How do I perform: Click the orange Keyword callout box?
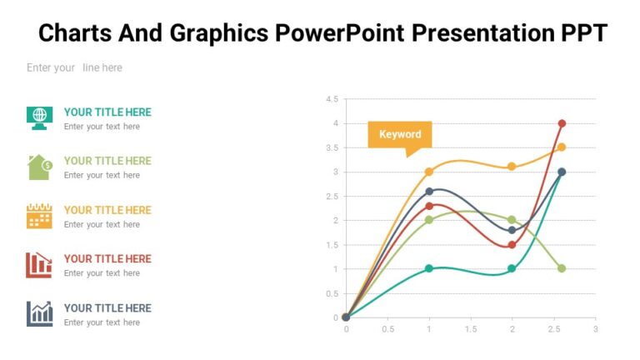click(400, 134)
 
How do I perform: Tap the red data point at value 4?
click(562, 123)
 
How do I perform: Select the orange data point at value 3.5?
click(562, 147)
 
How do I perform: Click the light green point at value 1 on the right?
click(562, 268)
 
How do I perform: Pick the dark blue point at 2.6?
click(429, 192)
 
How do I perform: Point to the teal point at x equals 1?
click(429, 268)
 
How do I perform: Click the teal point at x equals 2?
click(512, 268)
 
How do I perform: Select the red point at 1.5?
click(512, 245)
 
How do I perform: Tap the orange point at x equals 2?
click(512, 167)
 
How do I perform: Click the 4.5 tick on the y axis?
click(331, 99)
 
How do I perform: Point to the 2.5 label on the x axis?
click(553, 329)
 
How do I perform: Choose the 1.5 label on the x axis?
click(471, 329)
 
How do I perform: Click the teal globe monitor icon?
click(39, 117)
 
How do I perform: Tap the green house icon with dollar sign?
click(40, 167)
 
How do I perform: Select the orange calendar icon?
click(39, 216)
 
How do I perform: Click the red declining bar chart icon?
click(39, 264)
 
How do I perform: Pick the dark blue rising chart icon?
click(39, 313)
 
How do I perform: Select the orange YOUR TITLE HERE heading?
click(107, 210)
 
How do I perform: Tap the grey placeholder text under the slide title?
click(74, 67)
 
